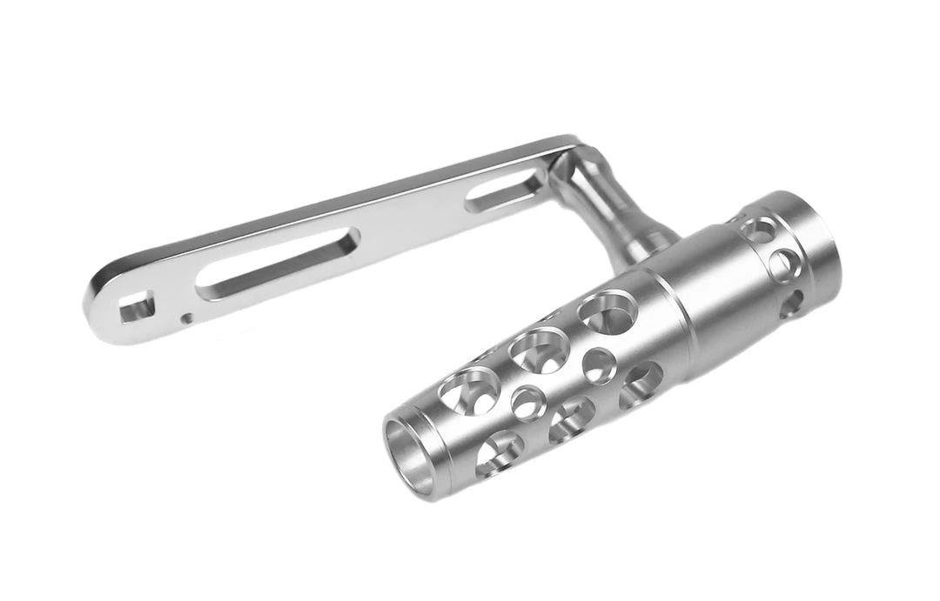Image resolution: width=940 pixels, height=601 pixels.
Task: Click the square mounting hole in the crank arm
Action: pos(136,307)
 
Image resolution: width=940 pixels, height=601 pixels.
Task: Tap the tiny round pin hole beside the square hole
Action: pos(186,318)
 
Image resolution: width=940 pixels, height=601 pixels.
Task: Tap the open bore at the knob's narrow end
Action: pos(409,457)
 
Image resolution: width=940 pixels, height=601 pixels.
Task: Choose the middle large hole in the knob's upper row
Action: pos(540,350)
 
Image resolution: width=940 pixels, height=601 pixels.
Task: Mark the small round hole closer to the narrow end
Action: pos(528,403)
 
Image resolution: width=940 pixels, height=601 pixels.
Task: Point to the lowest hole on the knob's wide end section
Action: pos(791,304)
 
